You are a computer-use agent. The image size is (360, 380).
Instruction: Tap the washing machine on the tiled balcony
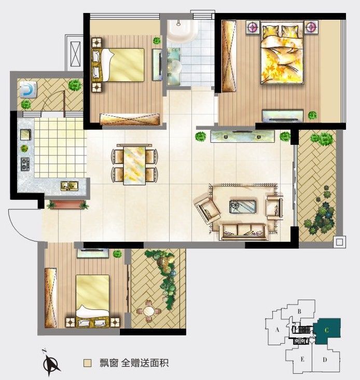(x=28, y=89)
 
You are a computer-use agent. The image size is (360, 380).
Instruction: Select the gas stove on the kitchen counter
(x=25, y=164)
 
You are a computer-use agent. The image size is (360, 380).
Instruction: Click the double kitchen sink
(x=69, y=186)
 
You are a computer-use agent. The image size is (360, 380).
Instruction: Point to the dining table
(x=135, y=165)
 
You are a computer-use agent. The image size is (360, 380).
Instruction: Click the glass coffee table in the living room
(x=242, y=207)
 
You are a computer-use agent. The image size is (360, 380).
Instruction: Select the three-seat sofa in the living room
(x=244, y=232)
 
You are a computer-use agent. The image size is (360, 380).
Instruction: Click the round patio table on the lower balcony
(x=149, y=311)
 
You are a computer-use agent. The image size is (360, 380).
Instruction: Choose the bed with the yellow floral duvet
(x=282, y=52)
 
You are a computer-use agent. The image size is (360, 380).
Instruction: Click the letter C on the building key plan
(x=327, y=330)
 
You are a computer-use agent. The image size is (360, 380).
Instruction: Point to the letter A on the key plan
(x=278, y=330)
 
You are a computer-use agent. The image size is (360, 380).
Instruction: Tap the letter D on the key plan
(x=325, y=360)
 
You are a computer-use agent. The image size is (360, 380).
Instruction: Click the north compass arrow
(x=51, y=362)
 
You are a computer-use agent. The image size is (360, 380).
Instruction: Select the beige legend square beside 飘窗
(x=87, y=363)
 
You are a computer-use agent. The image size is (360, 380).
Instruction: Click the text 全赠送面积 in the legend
(x=145, y=363)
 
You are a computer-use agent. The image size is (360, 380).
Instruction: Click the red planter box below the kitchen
(x=68, y=205)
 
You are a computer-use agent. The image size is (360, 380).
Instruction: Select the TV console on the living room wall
(x=243, y=136)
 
